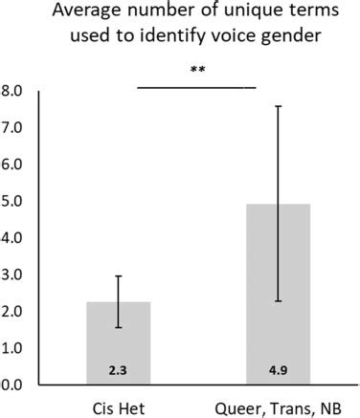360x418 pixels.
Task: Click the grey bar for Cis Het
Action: point(119,343)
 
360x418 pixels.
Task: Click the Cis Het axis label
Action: point(119,407)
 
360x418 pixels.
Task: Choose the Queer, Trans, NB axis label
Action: point(278,407)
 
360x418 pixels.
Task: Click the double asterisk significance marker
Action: point(198,71)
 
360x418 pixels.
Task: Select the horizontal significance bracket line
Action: point(197,87)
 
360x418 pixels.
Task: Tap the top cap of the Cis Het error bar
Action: point(119,276)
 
